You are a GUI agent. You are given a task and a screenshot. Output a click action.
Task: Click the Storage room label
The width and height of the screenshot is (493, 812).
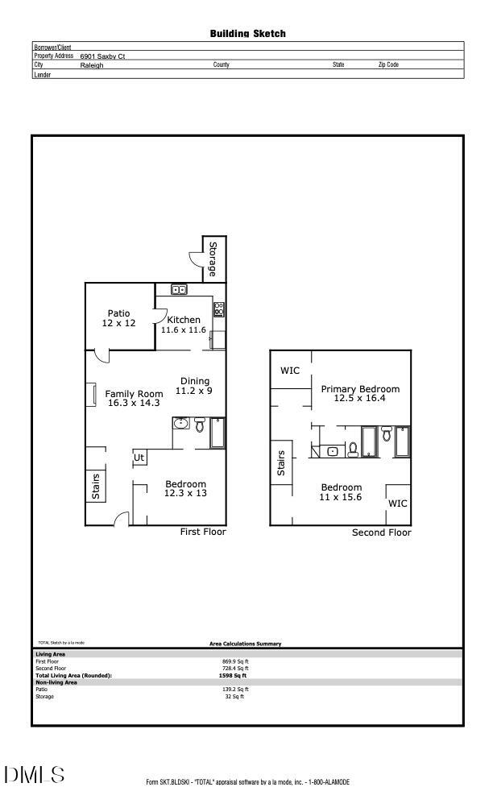coord(213,259)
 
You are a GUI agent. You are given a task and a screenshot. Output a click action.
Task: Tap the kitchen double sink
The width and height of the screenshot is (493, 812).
coord(179,290)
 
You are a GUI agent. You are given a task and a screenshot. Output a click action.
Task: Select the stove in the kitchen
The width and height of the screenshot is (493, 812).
coord(218,309)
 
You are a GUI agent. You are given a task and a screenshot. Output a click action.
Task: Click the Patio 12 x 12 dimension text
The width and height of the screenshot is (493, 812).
coord(118,323)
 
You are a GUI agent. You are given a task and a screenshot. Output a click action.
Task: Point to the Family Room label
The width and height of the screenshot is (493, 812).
coord(134,394)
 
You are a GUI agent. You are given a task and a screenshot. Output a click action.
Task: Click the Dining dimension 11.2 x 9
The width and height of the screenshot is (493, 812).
coord(194,391)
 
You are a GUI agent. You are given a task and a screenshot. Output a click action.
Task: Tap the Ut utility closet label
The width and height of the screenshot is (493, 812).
coord(139,458)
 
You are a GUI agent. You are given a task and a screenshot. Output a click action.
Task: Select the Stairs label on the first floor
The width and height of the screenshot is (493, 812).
coord(96,486)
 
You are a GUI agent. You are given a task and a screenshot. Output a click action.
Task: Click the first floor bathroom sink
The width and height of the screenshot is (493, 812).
coord(180,424)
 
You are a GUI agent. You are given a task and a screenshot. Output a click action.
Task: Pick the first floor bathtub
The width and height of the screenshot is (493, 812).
coord(218,432)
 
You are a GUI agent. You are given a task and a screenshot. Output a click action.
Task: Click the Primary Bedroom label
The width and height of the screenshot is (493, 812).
coord(360,389)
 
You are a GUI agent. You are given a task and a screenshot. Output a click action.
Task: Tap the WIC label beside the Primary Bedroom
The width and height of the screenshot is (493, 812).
coord(290,371)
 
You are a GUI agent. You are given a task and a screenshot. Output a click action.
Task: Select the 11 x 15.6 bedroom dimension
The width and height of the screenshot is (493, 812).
coord(341,498)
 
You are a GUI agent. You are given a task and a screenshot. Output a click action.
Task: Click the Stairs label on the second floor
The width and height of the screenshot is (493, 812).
coord(281,462)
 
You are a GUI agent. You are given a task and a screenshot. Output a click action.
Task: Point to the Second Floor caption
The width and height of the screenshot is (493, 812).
coord(381,532)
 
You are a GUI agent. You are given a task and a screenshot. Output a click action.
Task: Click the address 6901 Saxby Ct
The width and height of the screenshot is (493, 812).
coord(102,56)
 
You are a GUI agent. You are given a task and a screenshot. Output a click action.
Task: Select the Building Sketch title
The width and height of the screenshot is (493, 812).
coord(247,34)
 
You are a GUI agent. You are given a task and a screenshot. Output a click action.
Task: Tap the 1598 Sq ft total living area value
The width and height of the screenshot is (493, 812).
coord(234,676)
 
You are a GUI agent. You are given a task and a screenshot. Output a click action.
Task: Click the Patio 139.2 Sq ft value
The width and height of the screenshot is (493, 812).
coord(235,690)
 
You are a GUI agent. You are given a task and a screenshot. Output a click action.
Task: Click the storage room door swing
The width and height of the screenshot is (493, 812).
coord(196,259)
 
